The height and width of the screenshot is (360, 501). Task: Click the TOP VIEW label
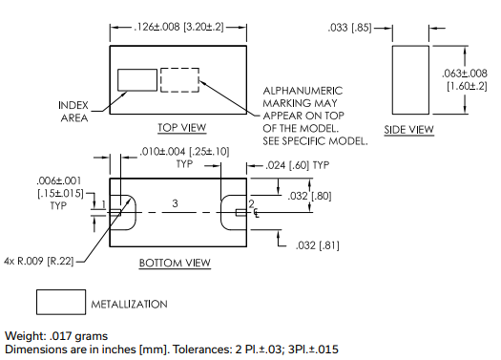pyautogui.click(x=182, y=128)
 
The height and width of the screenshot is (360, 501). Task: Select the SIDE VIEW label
pyautogui.click(x=409, y=130)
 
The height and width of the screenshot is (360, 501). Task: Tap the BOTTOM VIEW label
pyautogui.click(x=175, y=264)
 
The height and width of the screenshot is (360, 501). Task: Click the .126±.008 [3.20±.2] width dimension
pyautogui.click(x=178, y=27)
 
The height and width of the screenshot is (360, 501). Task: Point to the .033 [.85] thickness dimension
pyautogui.click(x=349, y=28)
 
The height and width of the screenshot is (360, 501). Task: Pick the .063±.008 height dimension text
pyautogui.click(x=465, y=74)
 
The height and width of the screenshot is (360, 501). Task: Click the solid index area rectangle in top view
pyautogui.click(x=137, y=70)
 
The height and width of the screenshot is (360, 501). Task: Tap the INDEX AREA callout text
pyautogui.click(x=73, y=112)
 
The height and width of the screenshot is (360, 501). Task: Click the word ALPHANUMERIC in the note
pyautogui.click(x=303, y=91)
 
